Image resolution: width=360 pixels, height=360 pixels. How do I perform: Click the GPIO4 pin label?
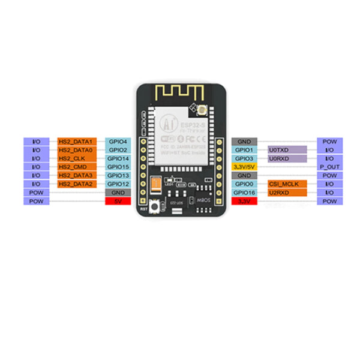118,141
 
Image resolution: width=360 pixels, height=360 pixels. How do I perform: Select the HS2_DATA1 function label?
76,141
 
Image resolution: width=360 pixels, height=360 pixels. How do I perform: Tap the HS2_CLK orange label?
76,158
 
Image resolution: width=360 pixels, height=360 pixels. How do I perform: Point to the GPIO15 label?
118,166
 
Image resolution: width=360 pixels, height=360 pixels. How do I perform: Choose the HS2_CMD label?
76,166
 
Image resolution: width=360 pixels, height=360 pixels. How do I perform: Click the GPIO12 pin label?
118,184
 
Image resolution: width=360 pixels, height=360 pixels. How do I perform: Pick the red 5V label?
118,201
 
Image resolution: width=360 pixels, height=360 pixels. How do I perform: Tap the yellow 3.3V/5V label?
244,166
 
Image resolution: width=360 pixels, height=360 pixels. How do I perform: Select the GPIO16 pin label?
244,193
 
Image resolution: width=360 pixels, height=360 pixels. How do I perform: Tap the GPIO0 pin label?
244,184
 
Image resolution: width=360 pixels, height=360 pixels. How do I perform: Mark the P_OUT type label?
330,166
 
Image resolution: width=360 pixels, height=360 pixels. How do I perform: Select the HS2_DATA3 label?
76,175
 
